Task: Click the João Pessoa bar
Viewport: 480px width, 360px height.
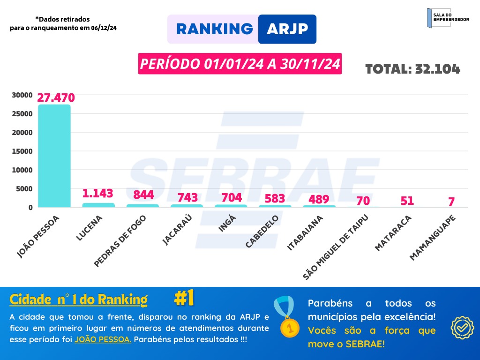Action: coord(54,156)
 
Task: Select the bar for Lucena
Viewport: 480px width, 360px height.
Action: coord(98,205)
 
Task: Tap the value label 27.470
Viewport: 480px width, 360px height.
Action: coord(56,98)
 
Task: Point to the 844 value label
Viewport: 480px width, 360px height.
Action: coord(143,195)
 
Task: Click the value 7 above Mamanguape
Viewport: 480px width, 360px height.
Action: coord(451,202)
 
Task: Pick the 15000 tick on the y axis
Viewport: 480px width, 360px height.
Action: coord(22,151)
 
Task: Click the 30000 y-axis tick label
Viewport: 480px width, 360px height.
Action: coord(22,95)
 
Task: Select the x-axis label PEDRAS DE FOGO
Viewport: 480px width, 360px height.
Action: coord(120,241)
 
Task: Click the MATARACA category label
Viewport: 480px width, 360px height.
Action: coord(393,233)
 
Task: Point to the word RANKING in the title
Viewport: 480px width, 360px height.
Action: coord(214,29)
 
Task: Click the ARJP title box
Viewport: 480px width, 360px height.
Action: coord(287,29)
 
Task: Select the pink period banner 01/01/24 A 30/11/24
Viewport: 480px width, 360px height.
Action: coord(240,64)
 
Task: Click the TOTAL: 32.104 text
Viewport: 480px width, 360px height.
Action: coord(412,69)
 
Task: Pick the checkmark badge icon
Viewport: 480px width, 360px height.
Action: coord(462,327)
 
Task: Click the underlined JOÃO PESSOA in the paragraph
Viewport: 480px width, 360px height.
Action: coord(103,339)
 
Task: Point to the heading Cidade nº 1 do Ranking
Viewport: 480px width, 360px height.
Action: coord(78,300)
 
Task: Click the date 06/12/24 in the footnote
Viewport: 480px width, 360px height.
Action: coord(104,28)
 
